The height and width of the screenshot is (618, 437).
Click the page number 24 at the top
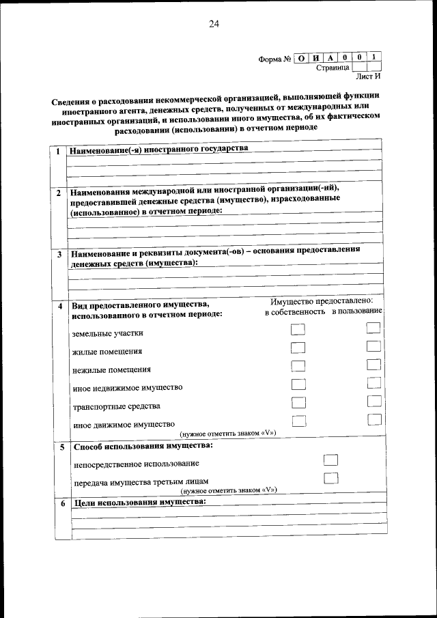click(x=214, y=25)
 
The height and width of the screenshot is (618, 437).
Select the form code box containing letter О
click(x=301, y=58)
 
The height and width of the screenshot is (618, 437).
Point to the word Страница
click(x=333, y=68)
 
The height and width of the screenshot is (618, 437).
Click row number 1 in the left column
click(x=59, y=151)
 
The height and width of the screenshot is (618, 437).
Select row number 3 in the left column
click(x=59, y=255)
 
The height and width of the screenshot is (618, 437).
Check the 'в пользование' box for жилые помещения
click(x=373, y=346)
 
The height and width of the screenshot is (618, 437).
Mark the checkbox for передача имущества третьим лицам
click(x=330, y=478)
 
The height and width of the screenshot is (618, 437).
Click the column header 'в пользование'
click(x=357, y=311)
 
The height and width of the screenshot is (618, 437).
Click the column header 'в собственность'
click(x=295, y=311)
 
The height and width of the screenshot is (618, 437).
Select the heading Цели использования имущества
click(x=138, y=502)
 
